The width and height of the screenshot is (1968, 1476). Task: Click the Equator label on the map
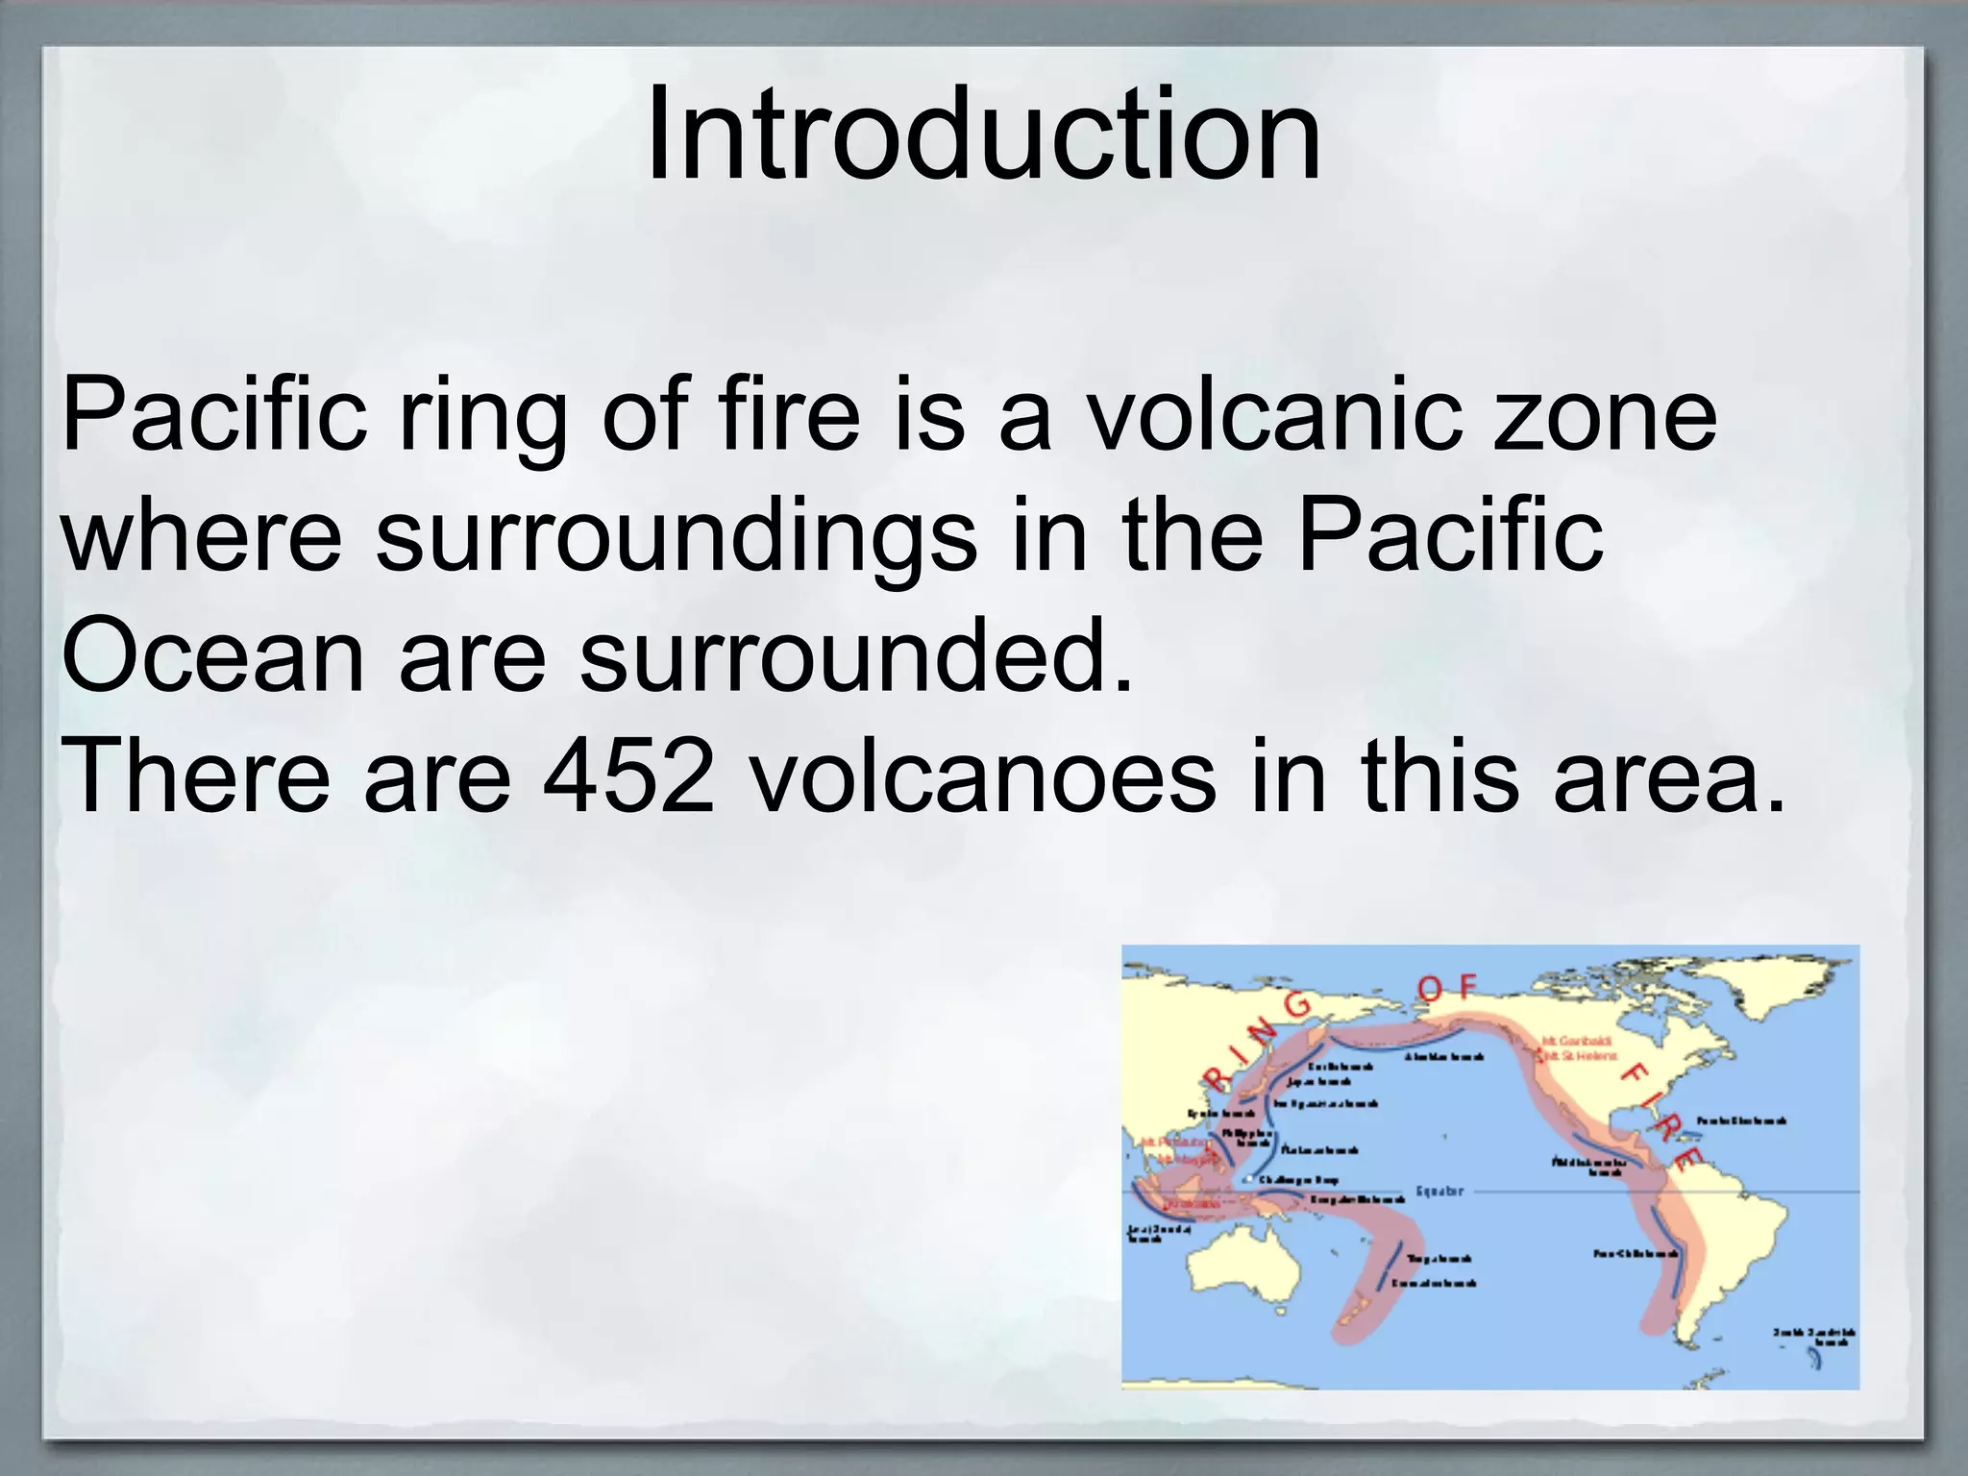point(1439,1192)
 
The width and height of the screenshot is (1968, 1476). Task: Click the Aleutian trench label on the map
point(1443,1057)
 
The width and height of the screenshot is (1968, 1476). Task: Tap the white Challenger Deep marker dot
point(1247,1179)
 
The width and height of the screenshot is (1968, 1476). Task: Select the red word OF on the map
point(1448,987)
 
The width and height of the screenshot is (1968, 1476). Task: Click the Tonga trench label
point(1439,1259)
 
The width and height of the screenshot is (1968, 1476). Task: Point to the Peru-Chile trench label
point(1636,1254)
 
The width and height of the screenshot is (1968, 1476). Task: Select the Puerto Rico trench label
point(1741,1120)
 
